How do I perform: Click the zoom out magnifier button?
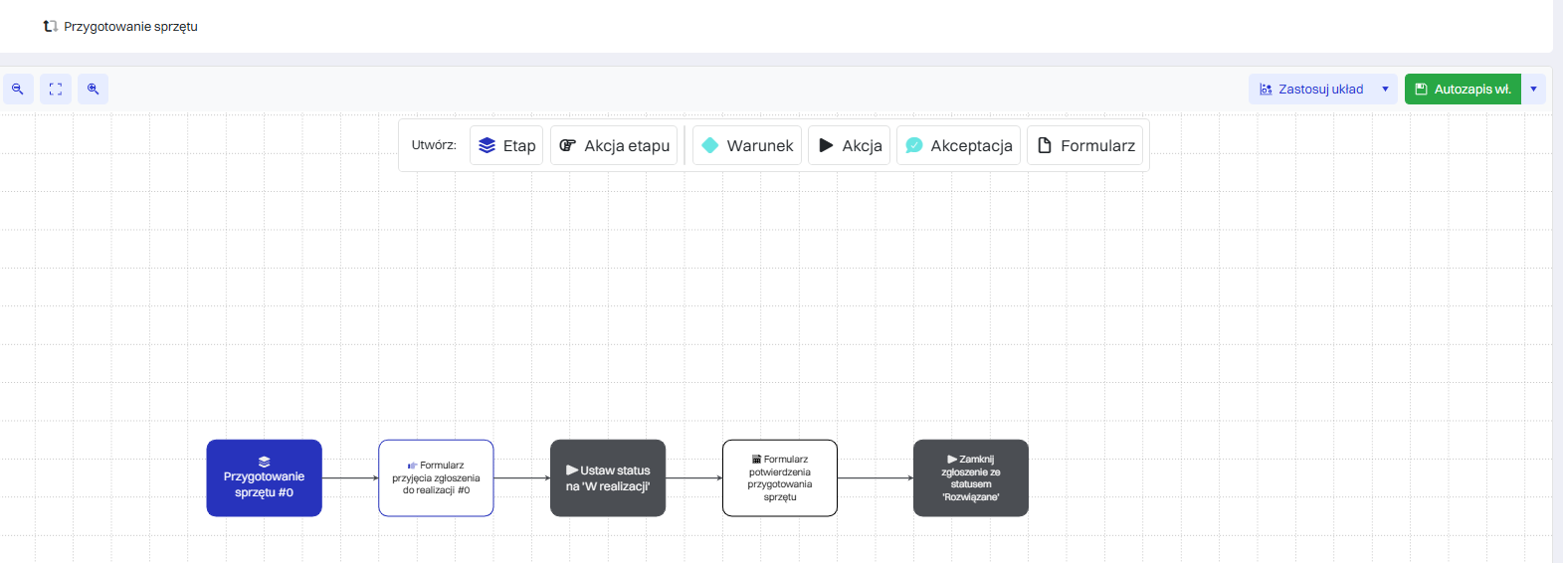[x=18, y=90]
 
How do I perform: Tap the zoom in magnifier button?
[x=93, y=90]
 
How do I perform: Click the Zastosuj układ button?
[x=1311, y=90]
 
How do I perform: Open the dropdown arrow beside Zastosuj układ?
[x=1386, y=90]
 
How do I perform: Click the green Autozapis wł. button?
[x=1463, y=90]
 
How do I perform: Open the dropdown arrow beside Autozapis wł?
[x=1534, y=90]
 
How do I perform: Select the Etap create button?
[x=506, y=145]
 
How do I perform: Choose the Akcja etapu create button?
[x=614, y=145]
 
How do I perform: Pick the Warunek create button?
[x=746, y=145]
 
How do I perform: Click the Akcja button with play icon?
[x=850, y=145]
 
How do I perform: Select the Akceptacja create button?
[x=959, y=145]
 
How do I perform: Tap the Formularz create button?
[x=1085, y=145]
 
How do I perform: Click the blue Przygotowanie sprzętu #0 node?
[x=265, y=477]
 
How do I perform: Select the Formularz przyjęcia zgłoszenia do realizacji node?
[x=436, y=477]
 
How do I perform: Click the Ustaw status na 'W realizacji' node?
[x=608, y=477]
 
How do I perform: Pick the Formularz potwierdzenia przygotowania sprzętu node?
[x=780, y=477]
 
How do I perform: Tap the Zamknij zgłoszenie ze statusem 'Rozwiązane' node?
[x=971, y=477]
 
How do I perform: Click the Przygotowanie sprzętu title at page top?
[x=130, y=27]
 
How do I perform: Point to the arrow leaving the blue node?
[x=350, y=477]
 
